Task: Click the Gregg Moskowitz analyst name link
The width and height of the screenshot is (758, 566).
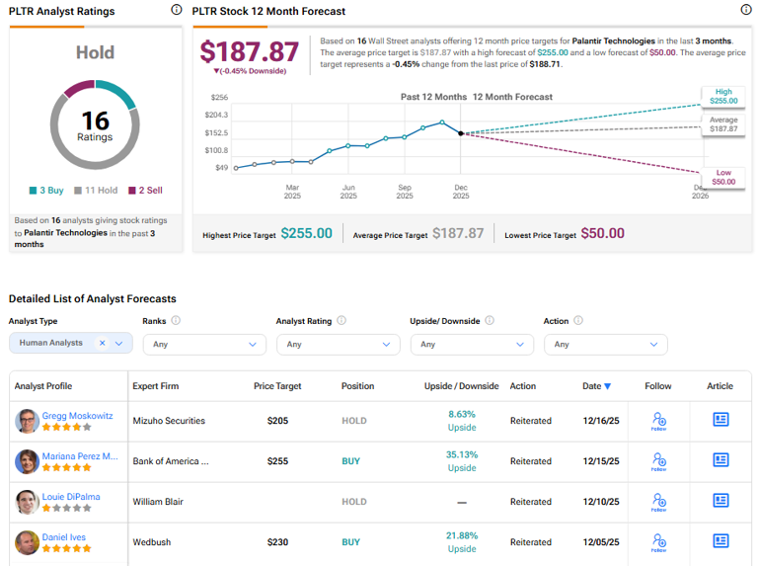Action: [x=78, y=415]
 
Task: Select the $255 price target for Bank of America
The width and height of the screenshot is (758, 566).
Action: [x=277, y=461]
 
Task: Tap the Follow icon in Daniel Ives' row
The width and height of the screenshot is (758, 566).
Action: [x=658, y=541]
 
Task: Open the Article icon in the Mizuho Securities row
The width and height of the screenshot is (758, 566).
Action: [x=720, y=420]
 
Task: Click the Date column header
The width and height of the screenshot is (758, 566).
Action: [x=596, y=386]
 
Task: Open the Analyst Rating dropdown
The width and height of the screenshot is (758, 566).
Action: [x=336, y=345]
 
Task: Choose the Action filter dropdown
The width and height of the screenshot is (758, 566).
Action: [x=605, y=345]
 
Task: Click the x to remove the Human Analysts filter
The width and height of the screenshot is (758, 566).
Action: [x=102, y=344]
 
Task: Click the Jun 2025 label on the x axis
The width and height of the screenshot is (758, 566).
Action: [x=348, y=192]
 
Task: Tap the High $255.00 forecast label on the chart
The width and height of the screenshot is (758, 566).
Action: [x=722, y=96]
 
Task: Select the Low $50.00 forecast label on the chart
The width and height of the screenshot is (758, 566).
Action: [x=722, y=177]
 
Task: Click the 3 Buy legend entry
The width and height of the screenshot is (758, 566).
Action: [x=47, y=191]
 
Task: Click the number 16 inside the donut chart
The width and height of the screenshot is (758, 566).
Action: [x=95, y=121]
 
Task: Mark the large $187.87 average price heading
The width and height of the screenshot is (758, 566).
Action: [x=249, y=52]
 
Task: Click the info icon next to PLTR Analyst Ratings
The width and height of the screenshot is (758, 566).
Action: [x=176, y=10]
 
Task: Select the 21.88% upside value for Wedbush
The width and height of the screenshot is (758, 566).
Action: [x=462, y=534]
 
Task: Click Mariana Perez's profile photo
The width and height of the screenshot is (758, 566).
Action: [x=27, y=461]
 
